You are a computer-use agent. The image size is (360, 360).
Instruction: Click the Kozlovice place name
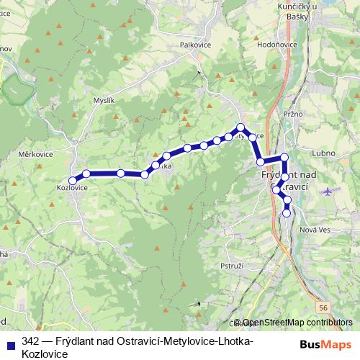(72, 189)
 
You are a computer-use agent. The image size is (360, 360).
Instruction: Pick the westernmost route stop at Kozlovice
(72, 180)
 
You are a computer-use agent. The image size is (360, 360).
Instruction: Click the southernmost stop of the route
(287, 212)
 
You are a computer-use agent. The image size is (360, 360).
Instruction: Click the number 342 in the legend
(30, 341)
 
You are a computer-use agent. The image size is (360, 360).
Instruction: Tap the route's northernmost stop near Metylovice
(241, 127)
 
